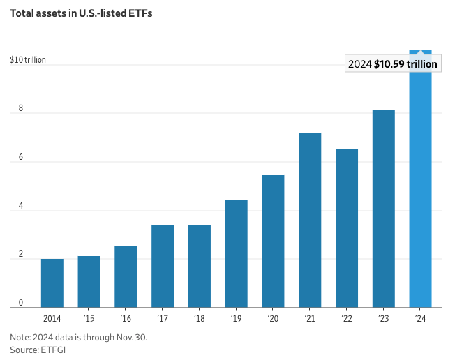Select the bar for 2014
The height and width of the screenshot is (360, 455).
click(52, 283)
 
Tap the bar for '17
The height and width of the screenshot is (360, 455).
click(163, 266)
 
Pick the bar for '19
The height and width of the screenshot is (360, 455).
click(236, 254)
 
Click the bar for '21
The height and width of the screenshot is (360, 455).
click(310, 220)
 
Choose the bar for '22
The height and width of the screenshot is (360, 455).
click(347, 228)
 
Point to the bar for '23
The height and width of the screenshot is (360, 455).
click(383, 209)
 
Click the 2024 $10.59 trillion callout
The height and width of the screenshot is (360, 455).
click(393, 64)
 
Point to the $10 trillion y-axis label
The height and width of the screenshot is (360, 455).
click(28, 60)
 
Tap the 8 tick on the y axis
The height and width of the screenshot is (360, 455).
click(21, 109)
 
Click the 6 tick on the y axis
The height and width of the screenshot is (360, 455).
click(21, 158)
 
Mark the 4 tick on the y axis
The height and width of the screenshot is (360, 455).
click(21, 207)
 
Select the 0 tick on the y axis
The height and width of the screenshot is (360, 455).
click(21, 303)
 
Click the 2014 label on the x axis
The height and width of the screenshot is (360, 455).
click(52, 318)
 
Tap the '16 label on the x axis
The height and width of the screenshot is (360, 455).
click(126, 318)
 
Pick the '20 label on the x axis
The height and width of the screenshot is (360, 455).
click(273, 318)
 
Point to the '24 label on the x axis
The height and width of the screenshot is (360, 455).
click(420, 318)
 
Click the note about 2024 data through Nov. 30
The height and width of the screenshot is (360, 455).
click(79, 338)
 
